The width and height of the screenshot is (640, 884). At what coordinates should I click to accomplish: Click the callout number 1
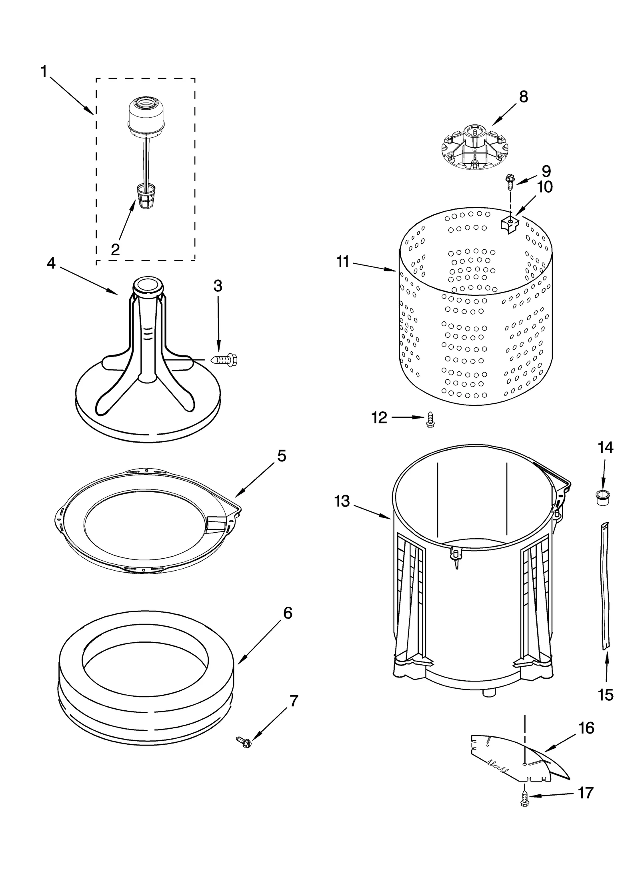tap(44, 72)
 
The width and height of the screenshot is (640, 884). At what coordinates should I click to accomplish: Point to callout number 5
tap(282, 456)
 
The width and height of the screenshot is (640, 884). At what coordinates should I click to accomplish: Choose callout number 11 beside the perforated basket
tap(343, 262)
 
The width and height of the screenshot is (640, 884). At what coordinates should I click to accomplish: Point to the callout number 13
tap(342, 501)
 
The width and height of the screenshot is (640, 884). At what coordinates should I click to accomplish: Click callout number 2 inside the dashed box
tap(115, 250)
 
